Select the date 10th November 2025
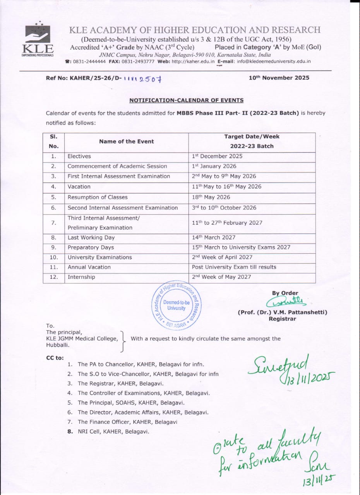(279, 78)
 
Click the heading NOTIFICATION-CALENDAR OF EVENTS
(186, 101)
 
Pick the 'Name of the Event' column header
(126, 142)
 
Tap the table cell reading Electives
(79, 156)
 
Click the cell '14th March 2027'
(213, 237)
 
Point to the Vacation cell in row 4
(79, 186)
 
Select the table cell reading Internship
(81, 277)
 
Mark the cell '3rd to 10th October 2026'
(224, 208)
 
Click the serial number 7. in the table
(54, 223)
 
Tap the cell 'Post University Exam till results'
(234, 267)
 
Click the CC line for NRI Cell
(113, 432)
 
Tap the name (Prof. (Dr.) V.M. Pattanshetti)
(282, 312)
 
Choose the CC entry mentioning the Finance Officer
(127, 422)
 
